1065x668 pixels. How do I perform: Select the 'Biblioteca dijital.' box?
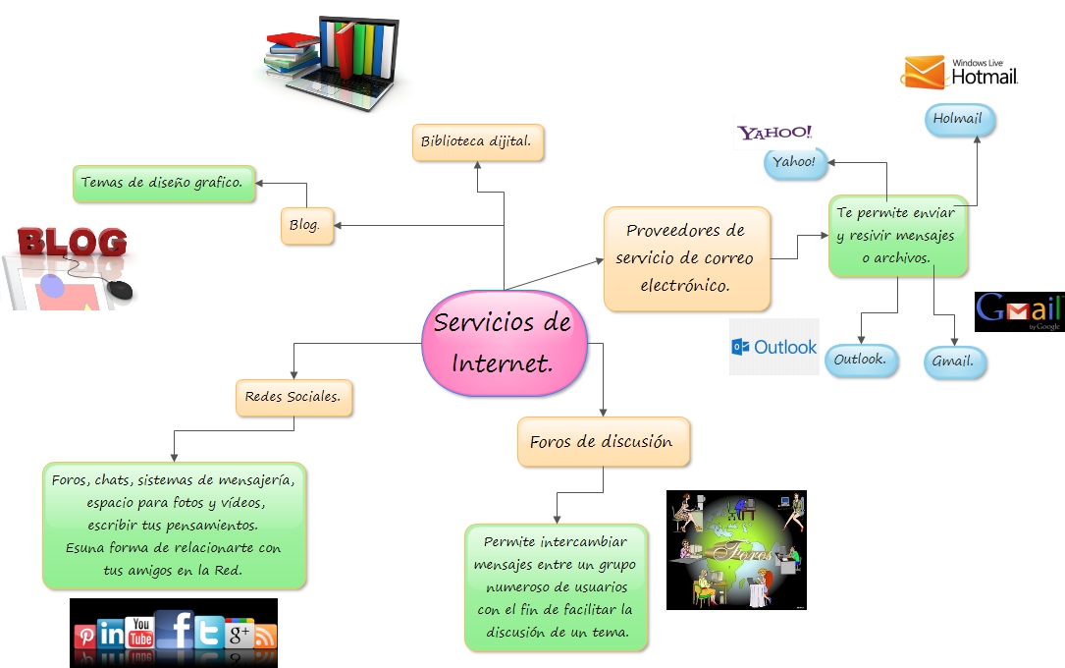477,141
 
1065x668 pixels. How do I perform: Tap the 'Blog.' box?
305,225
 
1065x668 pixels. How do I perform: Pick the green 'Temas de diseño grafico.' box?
164,183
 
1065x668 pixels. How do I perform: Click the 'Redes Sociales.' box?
293,397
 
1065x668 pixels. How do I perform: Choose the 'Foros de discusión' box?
602,441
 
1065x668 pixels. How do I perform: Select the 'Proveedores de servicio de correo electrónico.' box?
686,258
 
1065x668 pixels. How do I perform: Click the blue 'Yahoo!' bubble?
795,162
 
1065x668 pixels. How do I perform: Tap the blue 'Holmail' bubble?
958,119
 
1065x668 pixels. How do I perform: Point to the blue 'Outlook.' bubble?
860,360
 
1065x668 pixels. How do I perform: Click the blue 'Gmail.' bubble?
953,362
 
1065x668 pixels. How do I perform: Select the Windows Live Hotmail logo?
959,72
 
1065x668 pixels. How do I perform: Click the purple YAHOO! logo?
775,133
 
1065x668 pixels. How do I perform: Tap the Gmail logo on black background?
1019,311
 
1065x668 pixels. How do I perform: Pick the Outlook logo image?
773,347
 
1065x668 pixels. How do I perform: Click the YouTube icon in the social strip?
140,633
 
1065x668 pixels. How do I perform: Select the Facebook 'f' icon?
175,631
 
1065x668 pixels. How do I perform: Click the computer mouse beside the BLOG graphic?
120,290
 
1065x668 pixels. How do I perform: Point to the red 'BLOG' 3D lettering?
74,242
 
